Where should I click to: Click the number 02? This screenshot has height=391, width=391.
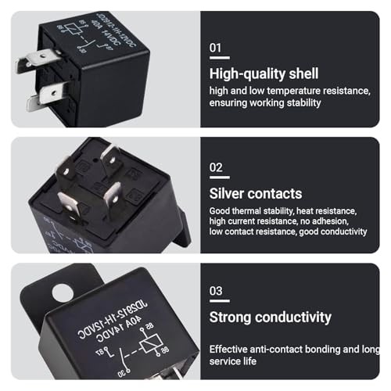217,167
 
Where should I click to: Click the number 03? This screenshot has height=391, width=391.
217,290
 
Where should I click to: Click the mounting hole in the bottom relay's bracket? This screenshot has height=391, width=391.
60,294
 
